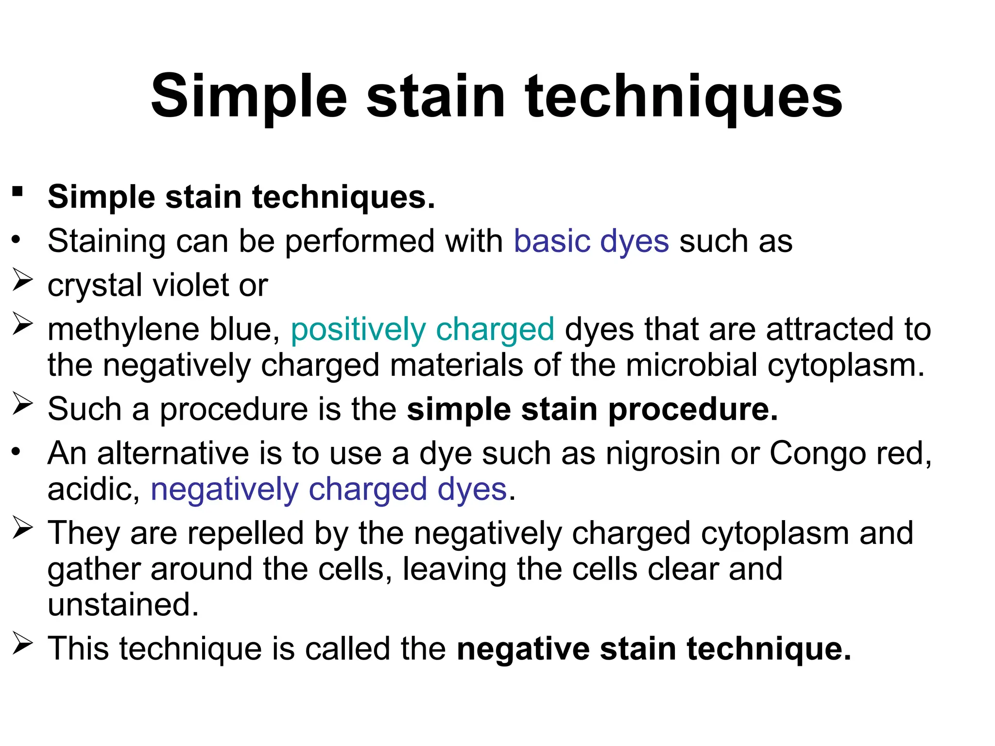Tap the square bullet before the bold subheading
pyautogui.click(x=18, y=191)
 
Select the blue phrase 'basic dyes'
pyautogui.click(x=591, y=241)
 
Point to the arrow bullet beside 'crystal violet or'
pyautogui.click(x=22, y=280)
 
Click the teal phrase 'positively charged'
pyautogui.click(x=422, y=330)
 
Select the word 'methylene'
pyautogui.click(x=123, y=330)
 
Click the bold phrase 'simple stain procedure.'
pyautogui.click(x=592, y=409)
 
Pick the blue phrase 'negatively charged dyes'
pyautogui.click(x=329, y=490)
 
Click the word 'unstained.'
pyautogui.click(x=123, y=605)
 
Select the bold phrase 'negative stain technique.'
pyautogui.click(x=654, y=649)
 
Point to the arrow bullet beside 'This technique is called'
pyautogui.click(x=22, y=644)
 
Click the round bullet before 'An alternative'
pyautogui.click(x=17, y=452)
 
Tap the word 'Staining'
pyautogui.click(x=106, y=241)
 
